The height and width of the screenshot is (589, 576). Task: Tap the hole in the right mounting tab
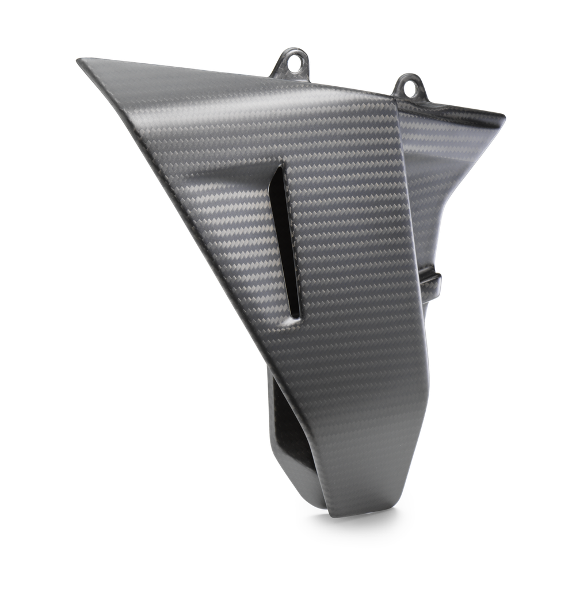[410, 87]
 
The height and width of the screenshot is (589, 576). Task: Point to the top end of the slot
[280, 168]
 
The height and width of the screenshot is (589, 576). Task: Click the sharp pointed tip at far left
[79, 60]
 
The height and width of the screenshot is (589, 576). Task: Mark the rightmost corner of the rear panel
[504, 118]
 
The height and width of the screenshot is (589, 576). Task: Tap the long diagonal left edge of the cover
[173, 207]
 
